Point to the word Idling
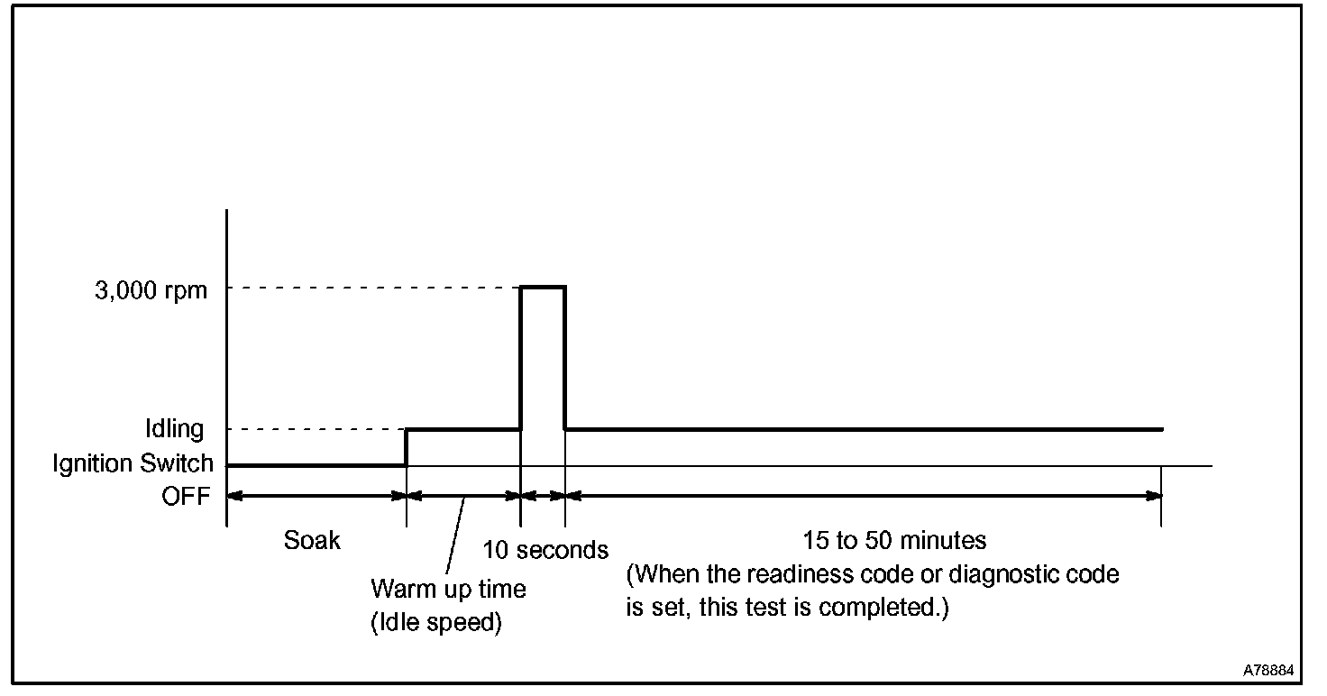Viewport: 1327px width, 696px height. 175,429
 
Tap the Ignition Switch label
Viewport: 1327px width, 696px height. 133,464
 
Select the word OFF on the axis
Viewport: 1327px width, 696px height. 186,497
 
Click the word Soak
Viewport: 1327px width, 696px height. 313,540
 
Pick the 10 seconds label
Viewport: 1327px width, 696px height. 545,549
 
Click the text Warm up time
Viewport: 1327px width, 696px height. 448,590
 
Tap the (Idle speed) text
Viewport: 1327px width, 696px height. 435,623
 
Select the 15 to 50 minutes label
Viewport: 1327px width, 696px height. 894,540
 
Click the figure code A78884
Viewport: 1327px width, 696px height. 1268,671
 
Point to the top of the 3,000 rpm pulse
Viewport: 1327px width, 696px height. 543,287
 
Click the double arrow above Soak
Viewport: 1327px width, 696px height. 316,495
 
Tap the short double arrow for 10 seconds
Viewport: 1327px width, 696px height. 543,495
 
